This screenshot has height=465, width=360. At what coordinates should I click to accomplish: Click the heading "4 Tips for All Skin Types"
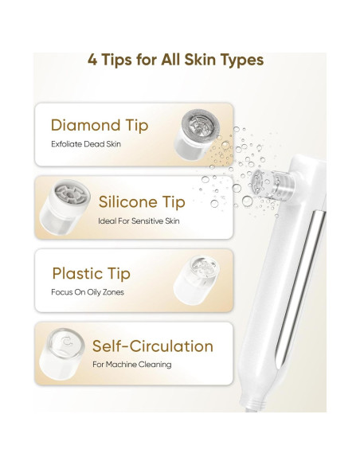(175, 60)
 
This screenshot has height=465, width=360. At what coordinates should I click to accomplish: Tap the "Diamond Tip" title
(99, 125)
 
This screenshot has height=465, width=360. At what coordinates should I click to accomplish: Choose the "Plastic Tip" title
(90, 274)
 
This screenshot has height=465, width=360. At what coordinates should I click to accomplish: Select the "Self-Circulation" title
(153, 346)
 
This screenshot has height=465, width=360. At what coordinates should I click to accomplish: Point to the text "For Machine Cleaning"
(131, 365)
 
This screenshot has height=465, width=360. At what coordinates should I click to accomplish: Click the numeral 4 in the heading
(93, 60)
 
